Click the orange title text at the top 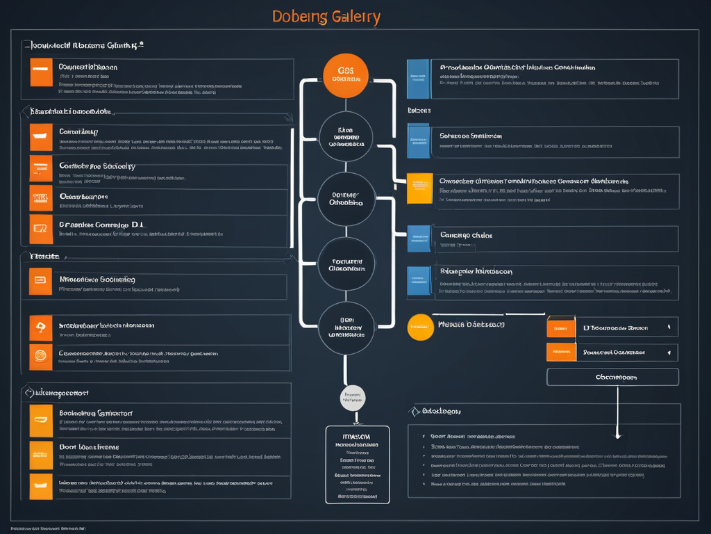click(326, 17)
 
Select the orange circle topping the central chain click(346, 75)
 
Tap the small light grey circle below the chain click(353, 398)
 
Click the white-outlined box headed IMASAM click(358, 464)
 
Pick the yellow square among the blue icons click(419, 188)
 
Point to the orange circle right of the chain click(420, 327)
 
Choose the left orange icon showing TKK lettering click(41, 198)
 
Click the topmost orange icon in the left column click(41, 72)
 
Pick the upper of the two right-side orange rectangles click(561, 327)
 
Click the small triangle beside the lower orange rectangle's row click(669, 353)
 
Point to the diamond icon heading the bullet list click(416, 412)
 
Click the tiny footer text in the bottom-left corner click(47, 528)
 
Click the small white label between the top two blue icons click(419, 111)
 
